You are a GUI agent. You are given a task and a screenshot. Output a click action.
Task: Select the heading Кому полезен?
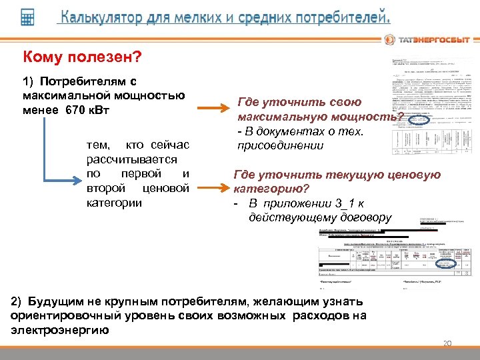pyautogui.click(x=82, y=59)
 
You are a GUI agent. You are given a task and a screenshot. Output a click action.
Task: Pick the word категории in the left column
pyautogui.click(x=115, y=202)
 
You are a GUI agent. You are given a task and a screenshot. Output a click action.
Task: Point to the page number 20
pyautogui.click(x=447, y=344)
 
